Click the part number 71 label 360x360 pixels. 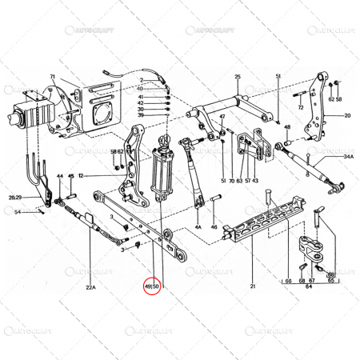pos(52,77)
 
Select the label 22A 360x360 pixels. pos(90,286)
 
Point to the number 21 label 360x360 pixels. pos(252,286)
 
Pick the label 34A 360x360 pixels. pos(348,158)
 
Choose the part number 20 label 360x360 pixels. pos(347,116)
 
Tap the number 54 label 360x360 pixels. pos(17,211)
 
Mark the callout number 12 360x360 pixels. pos(81,175)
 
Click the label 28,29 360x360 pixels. pos(15,196)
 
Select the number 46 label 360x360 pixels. pos(214,228)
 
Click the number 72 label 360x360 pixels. pos(300,106)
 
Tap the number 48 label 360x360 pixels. pos(286,126)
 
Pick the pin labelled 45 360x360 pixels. pos(70,194)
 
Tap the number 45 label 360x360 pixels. pos(70,176)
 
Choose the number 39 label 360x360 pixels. pos(140,115)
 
